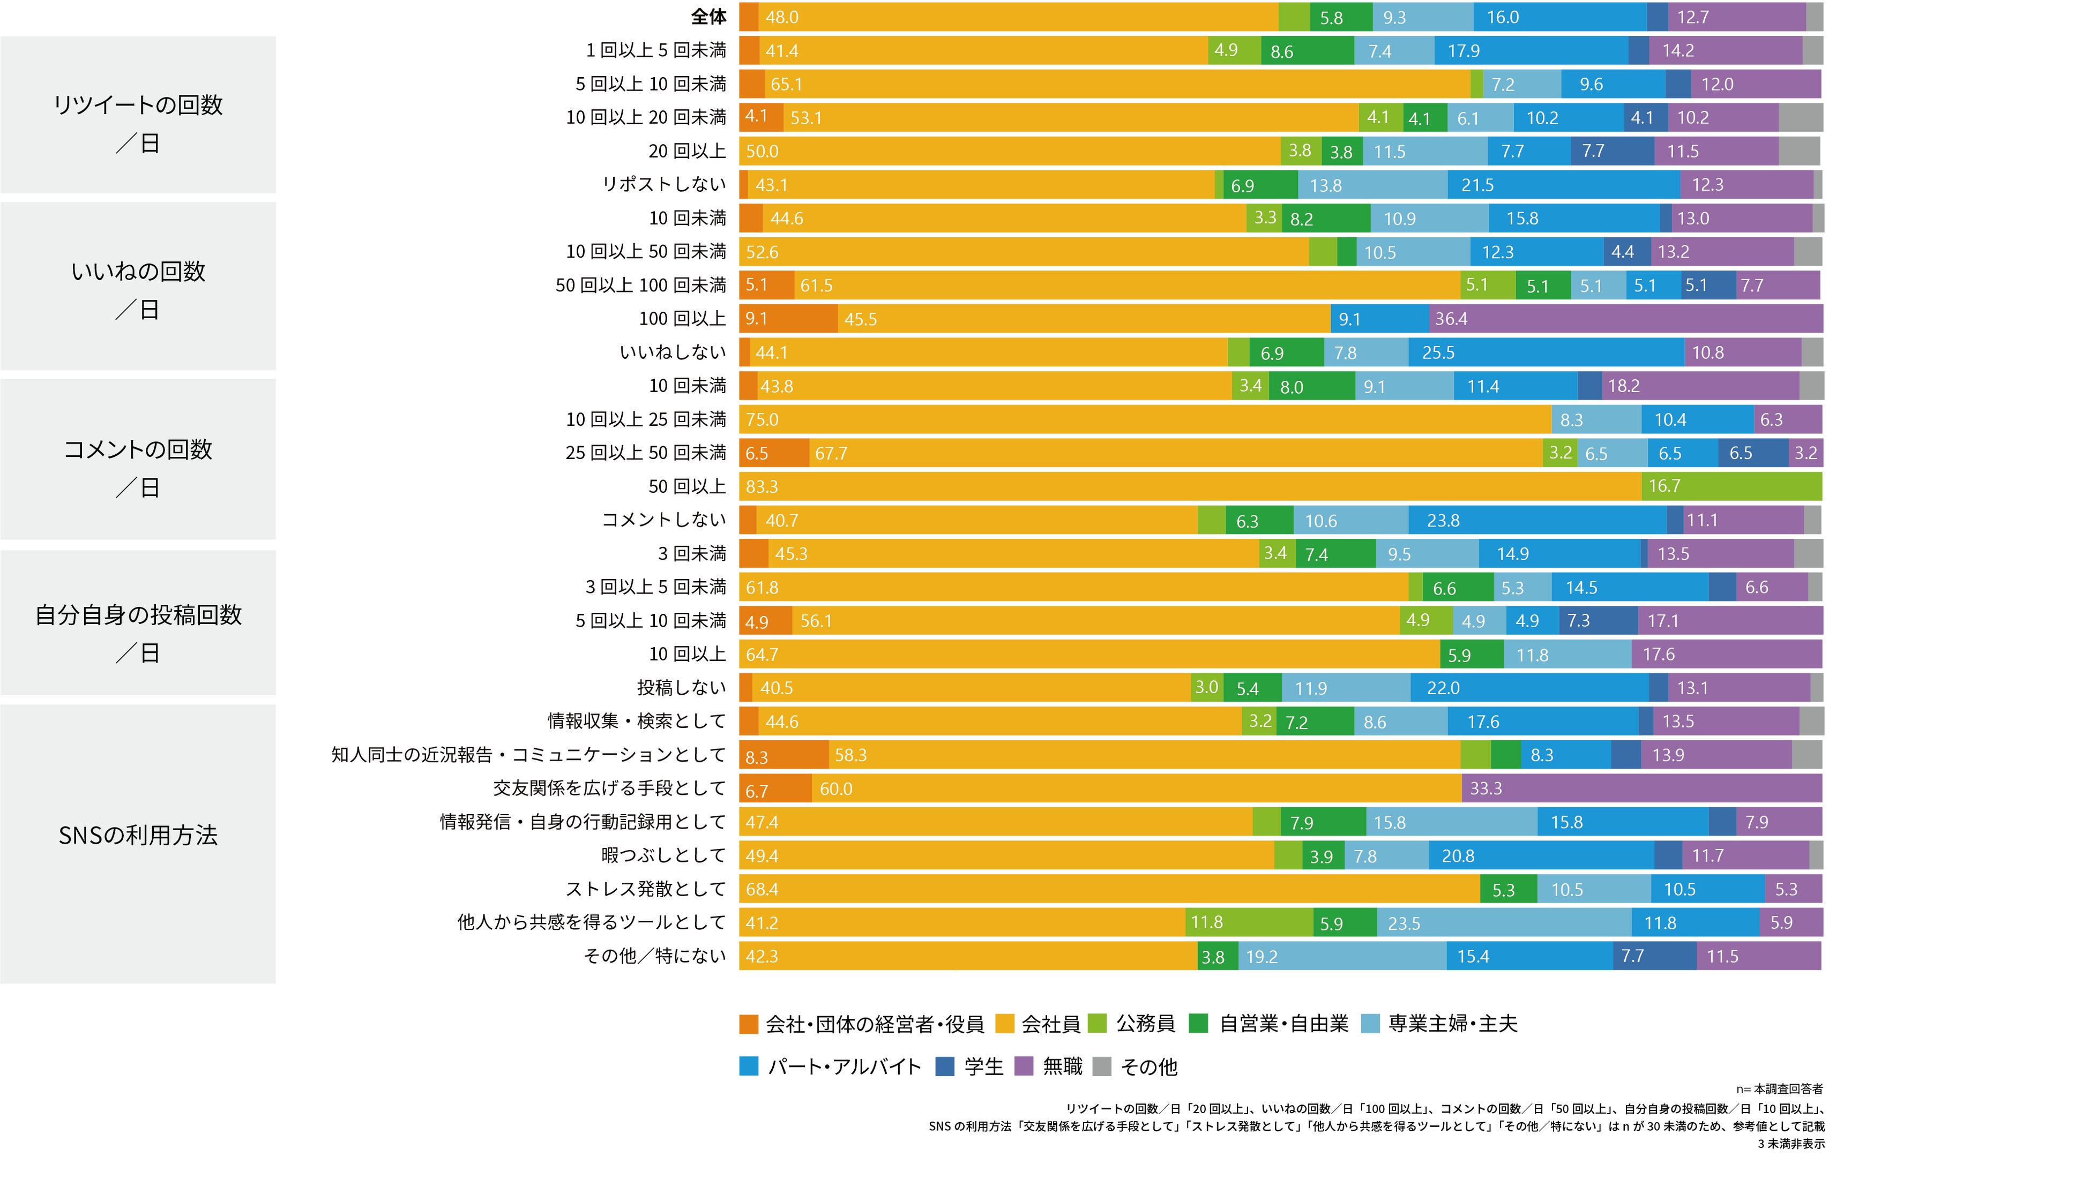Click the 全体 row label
click(x=707, y=17)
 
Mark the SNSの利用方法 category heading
click(x=138, y=836)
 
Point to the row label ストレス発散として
click(x=645, y=889)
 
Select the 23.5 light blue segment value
click(x=1403, y=923)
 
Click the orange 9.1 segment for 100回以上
click(x=756, y=319)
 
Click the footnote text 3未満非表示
click(x=1790, y=1143)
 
